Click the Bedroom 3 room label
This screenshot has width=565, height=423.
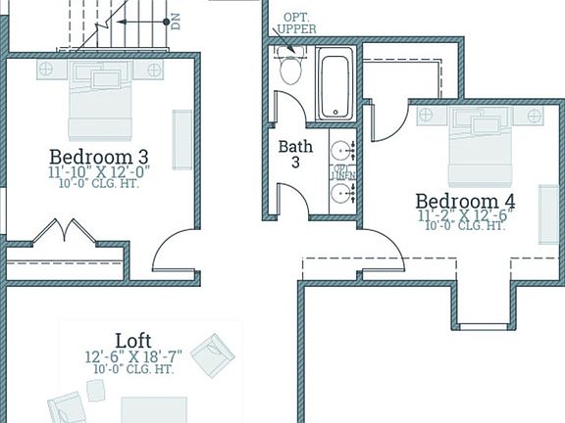(99, 156)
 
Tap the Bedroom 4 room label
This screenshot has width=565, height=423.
(466, 201)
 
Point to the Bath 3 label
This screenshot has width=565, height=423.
(295, 154)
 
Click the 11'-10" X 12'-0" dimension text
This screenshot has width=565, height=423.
(99, 171)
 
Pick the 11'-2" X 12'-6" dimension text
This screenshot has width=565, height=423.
(466, 214)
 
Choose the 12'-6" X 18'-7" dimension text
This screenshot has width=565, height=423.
(133, 355)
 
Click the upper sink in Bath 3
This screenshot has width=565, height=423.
(341, 152)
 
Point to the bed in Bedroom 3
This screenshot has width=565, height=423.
(100, 103)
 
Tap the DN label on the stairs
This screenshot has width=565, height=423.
(176, 21)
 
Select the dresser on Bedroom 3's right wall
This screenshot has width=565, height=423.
(182, 138)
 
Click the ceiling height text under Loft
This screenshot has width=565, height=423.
(133, 369)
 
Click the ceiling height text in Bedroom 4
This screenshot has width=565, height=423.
(466, 226)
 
